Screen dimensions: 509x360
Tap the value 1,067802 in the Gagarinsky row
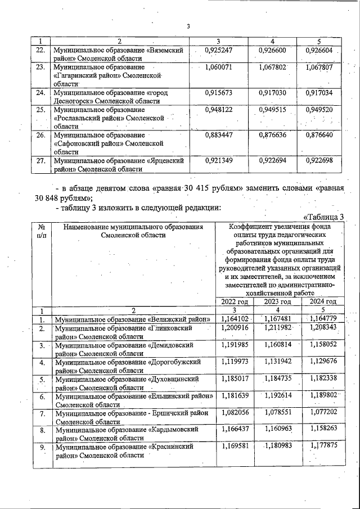273,67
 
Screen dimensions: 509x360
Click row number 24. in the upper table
40,92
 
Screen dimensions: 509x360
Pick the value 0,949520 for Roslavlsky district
319,110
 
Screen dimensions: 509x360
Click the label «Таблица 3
323,217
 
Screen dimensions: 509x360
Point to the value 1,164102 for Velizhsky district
232,318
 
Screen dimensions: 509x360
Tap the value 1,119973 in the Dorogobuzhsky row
232,361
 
